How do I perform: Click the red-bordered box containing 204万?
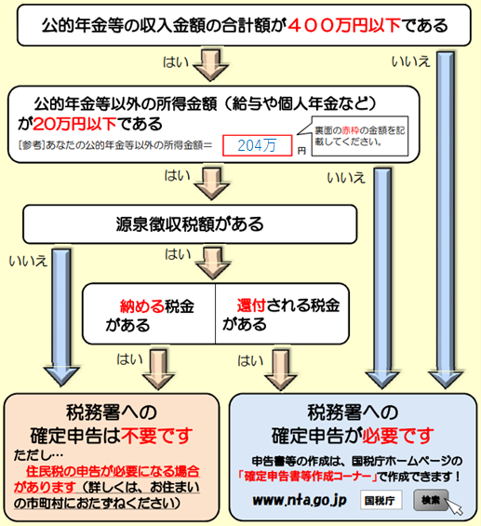tap(257, 145)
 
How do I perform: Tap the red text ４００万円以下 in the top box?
tap(344, 25)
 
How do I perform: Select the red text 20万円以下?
tap(74, 124)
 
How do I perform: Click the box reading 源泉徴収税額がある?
tap(190, 224)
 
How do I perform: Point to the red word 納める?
tap(142, 306)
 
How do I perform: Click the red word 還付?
tap(252, 305)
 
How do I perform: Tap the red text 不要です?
tap(157, 436)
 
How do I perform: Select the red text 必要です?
tap(398, 436)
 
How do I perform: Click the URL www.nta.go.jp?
tap(300, 501)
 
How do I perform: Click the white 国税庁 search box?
tap(381, 500)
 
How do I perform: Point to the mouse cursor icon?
tap(454, 506)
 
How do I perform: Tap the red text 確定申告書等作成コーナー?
tap(308, 477)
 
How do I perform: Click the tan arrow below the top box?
tap(211, 65)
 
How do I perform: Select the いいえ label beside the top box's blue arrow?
tap(410, 61)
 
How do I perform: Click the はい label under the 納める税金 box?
tap(129, 359)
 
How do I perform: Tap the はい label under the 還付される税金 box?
tap(250, 361)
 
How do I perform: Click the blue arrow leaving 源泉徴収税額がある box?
tap(61, 317)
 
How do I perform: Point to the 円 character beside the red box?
tap(301, 151)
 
